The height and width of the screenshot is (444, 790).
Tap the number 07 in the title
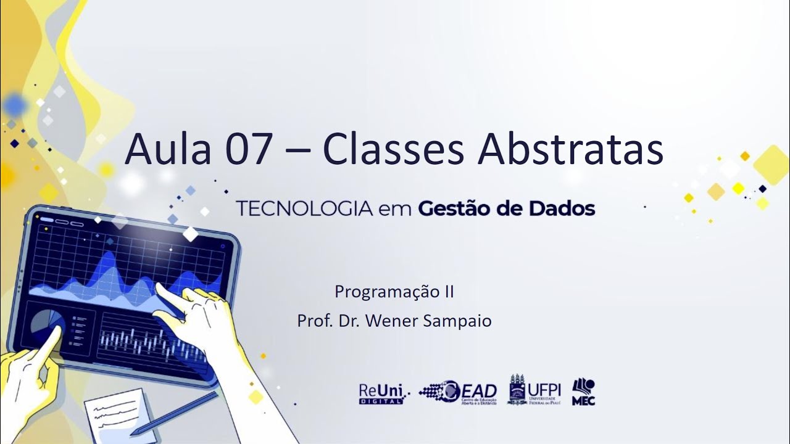249,150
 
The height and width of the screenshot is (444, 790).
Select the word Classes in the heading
393,150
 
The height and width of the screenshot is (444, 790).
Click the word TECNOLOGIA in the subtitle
304,209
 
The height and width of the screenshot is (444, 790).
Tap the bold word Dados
562,209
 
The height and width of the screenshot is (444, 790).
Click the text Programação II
394,292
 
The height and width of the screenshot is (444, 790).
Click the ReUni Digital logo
381,393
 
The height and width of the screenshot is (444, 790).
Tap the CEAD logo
458,392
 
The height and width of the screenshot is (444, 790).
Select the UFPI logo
534,390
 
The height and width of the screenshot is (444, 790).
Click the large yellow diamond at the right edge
771,165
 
